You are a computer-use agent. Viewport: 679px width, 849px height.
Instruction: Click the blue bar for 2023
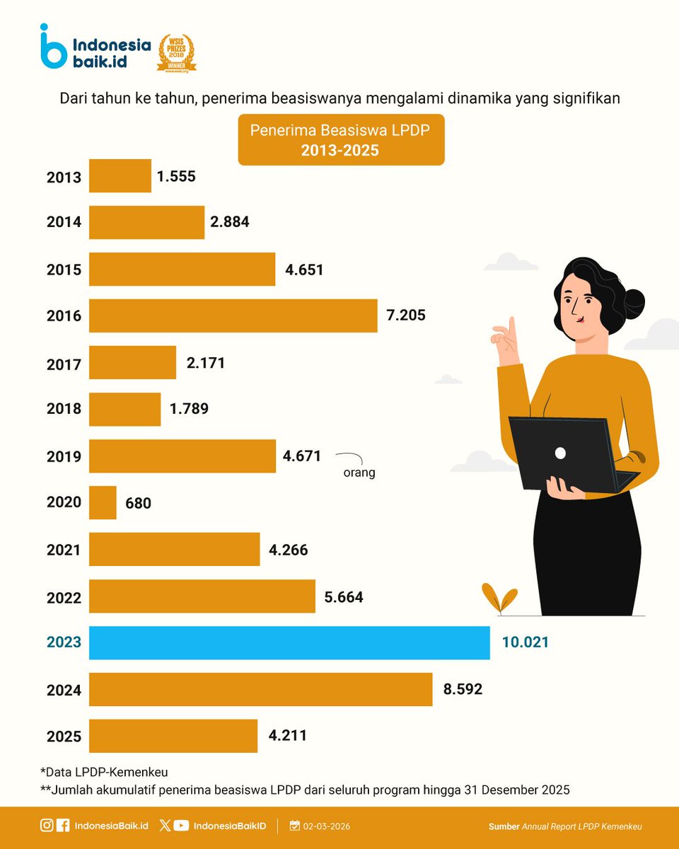click(289, 643)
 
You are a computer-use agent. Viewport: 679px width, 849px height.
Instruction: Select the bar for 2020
click(103, 502)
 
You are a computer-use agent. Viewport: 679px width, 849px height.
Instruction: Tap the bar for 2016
click(233, 316)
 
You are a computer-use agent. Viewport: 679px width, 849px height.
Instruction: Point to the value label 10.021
click(525, 642)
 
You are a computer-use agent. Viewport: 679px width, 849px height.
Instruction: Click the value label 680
click(139, 503)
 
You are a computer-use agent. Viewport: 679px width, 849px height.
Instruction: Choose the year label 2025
click(64, 737)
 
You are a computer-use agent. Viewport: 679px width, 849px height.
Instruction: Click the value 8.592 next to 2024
click(463, 688)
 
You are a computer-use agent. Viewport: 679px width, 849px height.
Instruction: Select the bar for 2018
click(124, 409)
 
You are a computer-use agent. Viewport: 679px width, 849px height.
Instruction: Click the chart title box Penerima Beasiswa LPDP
click(341, 140)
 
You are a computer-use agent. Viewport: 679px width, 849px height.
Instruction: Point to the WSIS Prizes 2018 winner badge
click(176, 53)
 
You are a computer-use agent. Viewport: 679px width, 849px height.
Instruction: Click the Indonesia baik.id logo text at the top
click(112, 53)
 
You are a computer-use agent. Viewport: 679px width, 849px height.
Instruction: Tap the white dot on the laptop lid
click(560, 453)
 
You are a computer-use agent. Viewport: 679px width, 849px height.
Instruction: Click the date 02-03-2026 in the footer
click(326, 826)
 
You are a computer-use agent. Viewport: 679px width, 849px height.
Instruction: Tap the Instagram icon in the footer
click(46, 826)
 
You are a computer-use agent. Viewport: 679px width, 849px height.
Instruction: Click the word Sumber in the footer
click(504, 826)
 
